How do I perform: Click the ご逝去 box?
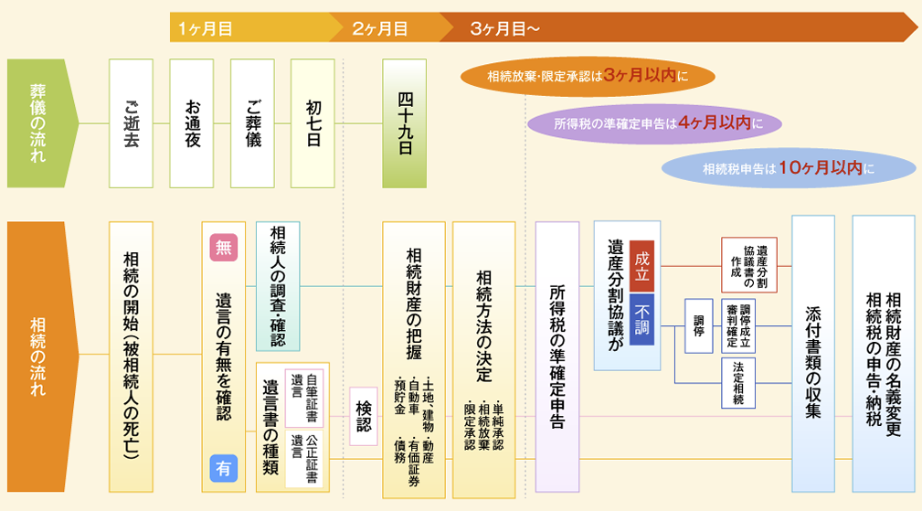pos(131,122)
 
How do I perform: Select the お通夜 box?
pos(192,122)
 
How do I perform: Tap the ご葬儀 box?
pos(252,122)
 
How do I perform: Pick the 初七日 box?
pos(313,122)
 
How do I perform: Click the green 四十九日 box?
pos(405,122)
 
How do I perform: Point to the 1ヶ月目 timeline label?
pos(206,28)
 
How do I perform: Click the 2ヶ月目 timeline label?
pos(380,28)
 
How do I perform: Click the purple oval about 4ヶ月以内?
pos(656,122)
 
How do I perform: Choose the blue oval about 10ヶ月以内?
pos(788,168)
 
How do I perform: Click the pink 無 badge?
pos(224,247)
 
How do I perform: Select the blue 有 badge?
pos(224,468)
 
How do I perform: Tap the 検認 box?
pos(364,417)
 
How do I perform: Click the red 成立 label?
pos(642,265)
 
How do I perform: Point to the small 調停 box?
pos(699,326)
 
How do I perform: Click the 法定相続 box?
pos(738,382)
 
